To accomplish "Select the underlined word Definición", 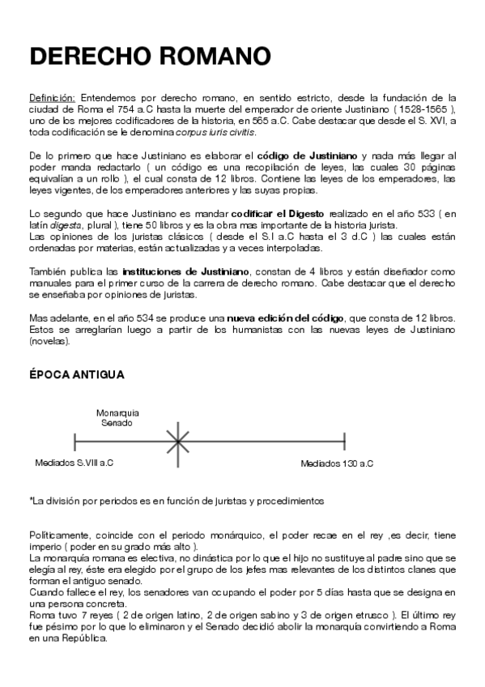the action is coord(53,96).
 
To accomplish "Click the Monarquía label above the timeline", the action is coord(117,412).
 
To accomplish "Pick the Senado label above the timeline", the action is coord(116,422).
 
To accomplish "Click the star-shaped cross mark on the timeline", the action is coord(177,442).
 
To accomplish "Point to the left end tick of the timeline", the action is coord(74,442).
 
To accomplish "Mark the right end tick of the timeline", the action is coord(345,442).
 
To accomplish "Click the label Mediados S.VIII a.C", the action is coord(74,463).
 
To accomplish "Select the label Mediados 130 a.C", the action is coord(337,463).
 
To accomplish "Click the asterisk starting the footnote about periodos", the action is coord(31,500).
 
